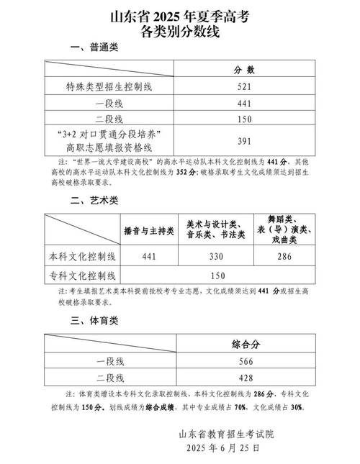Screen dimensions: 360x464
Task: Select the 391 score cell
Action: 244,142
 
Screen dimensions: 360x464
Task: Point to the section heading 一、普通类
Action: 94,47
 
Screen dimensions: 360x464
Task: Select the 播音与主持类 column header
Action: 149,231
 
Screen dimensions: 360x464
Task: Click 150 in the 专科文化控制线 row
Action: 217,274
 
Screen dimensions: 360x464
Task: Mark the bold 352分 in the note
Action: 185,173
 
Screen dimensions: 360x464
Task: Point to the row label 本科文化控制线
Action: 82,256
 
